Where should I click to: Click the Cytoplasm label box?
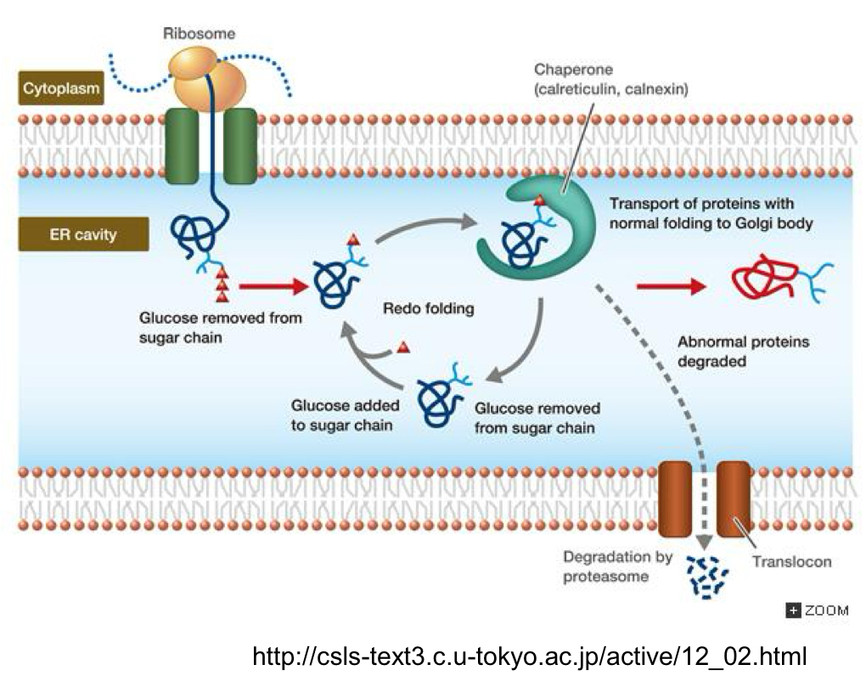tap(59, 88)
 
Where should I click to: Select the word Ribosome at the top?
tap(200, 34)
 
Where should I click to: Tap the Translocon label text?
tap(791, 561)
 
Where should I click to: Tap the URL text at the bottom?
tap(530, 656)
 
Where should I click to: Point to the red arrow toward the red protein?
tap(671, 286)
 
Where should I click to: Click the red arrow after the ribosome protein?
tap(271, 287)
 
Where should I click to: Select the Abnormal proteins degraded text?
tap(743, 352)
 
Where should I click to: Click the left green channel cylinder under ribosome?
tap(181, 145)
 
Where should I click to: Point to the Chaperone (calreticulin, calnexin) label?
tap(610, 79)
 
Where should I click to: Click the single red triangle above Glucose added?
tap(404, 347)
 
